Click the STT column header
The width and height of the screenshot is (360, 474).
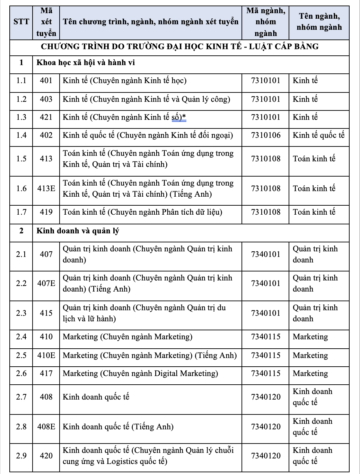tap(21, 22)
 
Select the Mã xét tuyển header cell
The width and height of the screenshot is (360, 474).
tap(46, 22)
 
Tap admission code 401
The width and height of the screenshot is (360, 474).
tap(46, 81)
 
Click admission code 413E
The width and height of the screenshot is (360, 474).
tap(46, 189)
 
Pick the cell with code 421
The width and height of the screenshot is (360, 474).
tap(46, 117)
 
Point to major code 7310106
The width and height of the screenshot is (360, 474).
tap(266, 135)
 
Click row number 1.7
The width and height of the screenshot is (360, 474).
tap(21, 212)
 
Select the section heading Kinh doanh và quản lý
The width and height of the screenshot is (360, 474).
tap(78, 231)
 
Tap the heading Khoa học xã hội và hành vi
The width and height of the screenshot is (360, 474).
tap(86, 63)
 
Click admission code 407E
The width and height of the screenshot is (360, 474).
tap(46, 284)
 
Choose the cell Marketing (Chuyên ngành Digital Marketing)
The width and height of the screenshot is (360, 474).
tap(140, 373)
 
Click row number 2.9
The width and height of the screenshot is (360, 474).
tap(21, 456)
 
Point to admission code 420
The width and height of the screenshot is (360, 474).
tap(46, 456)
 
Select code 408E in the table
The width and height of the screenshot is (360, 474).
tap(46, 427)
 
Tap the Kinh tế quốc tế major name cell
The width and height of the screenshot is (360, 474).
tap(318, 135)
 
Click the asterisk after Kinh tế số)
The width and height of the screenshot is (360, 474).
tap(184, 117)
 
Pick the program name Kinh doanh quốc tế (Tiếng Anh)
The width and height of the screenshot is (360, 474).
tap(118, 427)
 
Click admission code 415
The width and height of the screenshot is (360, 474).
tap(46, 313)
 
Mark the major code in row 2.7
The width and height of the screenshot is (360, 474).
tap(266, 397)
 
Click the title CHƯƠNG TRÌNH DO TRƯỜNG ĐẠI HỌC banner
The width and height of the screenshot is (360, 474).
tap(180, 46)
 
